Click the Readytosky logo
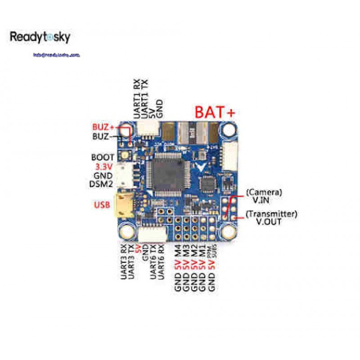[x=40, y=37]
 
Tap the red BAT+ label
[x=215, y=112]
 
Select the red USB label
[x=102, y=205]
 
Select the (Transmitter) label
[x=271, y=214]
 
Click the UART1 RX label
[x=136, y=99]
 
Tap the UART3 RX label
[x=123, y=262]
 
